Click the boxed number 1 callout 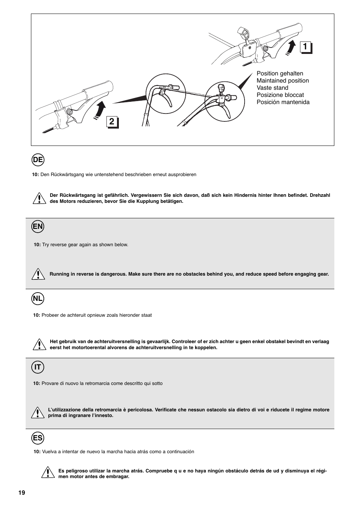306,48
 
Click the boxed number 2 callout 112,122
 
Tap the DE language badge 38,160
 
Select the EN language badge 38,227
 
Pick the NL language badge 38,299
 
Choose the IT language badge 38,367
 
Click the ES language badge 38,438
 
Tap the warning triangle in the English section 38,274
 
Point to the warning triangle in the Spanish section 47,473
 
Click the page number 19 22,493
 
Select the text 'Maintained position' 283,81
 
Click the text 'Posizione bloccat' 280,95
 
